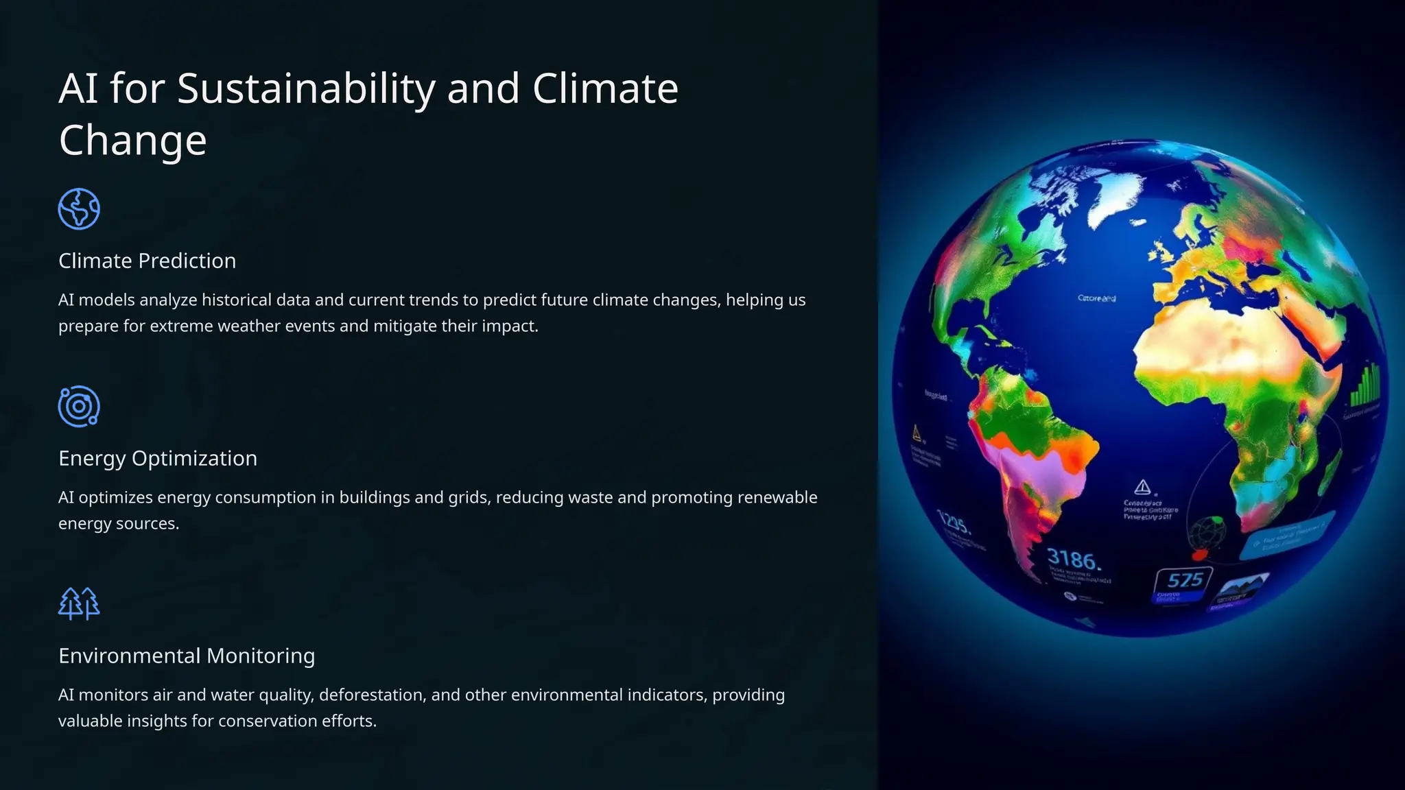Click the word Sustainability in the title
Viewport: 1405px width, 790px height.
coord(306,89)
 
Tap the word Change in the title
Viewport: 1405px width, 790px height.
coord(132,141)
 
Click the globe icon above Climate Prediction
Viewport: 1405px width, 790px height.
coord(79,209)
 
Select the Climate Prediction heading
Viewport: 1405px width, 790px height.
coord(147,261)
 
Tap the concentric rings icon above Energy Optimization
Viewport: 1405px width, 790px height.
coord(79,407)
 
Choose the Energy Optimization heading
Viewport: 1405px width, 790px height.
coord(158,459)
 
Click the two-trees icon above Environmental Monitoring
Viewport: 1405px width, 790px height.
coord(79,603)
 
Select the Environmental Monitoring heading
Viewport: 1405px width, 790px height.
coord(187,656)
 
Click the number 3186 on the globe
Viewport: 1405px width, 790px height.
coord(1074,560)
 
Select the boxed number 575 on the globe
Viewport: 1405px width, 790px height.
coord(1185,580)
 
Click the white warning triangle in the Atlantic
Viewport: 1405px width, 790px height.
coord(1142,487)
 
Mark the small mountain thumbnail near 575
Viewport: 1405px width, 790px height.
coord(1242,586)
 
